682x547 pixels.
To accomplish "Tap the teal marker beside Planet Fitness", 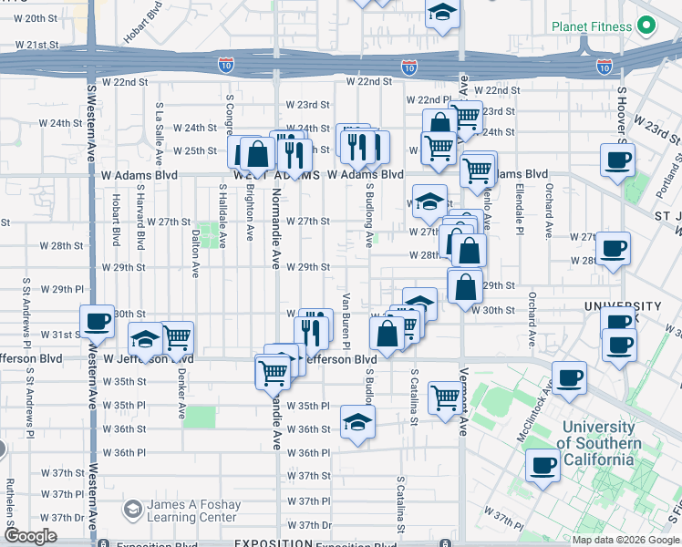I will pos(646,26).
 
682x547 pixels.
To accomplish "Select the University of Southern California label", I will pos(600,443).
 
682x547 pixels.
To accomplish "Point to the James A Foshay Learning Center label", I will pos(195,511).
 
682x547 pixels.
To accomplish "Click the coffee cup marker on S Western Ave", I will pos(97,322).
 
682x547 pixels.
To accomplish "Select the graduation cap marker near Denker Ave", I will pos(144,340).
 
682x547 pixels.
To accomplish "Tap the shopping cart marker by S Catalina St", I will pos(445,397).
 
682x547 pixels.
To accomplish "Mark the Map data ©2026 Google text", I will pos(625,539).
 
